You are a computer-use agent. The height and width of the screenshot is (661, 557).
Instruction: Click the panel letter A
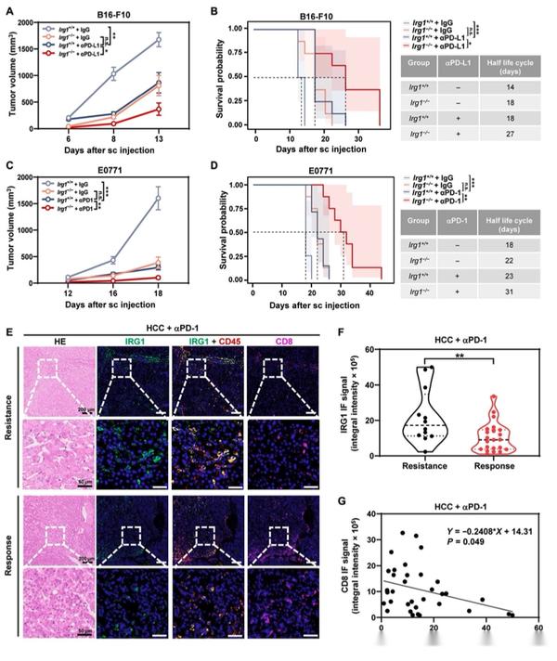pyautogui.click(x=8, y=9)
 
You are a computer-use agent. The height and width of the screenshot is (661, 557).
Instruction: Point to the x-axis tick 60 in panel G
pyautogui.click(x=538, y=631)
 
